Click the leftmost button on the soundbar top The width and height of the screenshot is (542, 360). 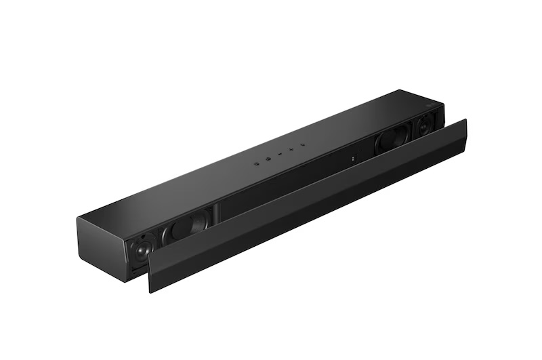click(x=257, y=163)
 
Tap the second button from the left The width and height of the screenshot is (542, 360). click(x=268, y=159)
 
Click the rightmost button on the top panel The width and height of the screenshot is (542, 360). click(x=302, y=145)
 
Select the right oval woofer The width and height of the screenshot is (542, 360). click(x=392, y=139)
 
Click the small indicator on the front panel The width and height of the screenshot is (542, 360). click(x=353, y=159)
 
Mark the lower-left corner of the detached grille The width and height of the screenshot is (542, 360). click(x=150, y=290)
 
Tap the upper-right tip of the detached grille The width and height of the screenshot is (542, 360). click(x=466, y=120)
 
